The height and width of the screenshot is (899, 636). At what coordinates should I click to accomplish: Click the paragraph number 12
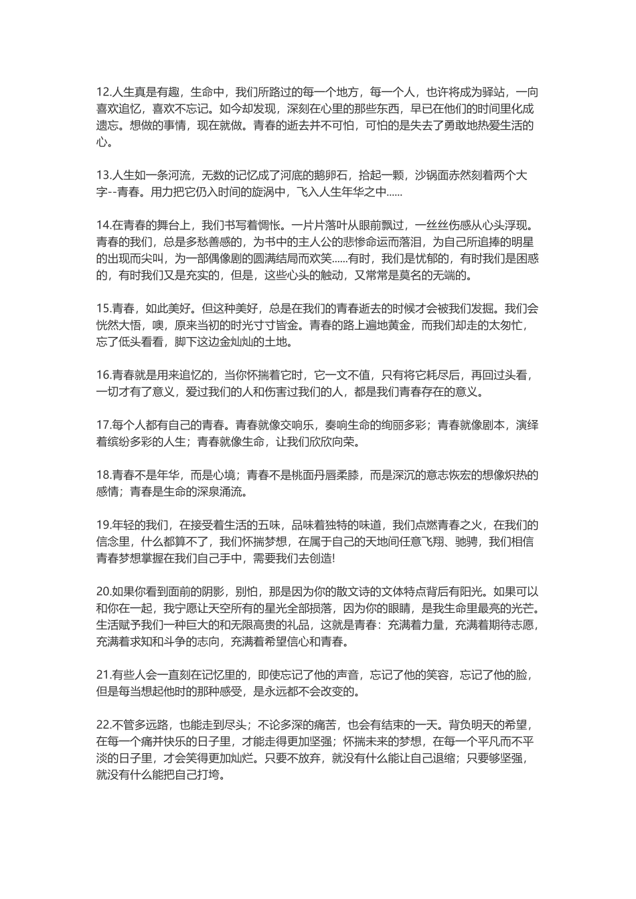coord(103,92)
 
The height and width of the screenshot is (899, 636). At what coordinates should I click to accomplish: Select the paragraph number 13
coord(103,175)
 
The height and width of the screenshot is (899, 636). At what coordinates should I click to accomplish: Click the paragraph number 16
coord(103,375)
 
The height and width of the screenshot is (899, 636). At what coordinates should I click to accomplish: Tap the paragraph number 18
coord(103,475)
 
